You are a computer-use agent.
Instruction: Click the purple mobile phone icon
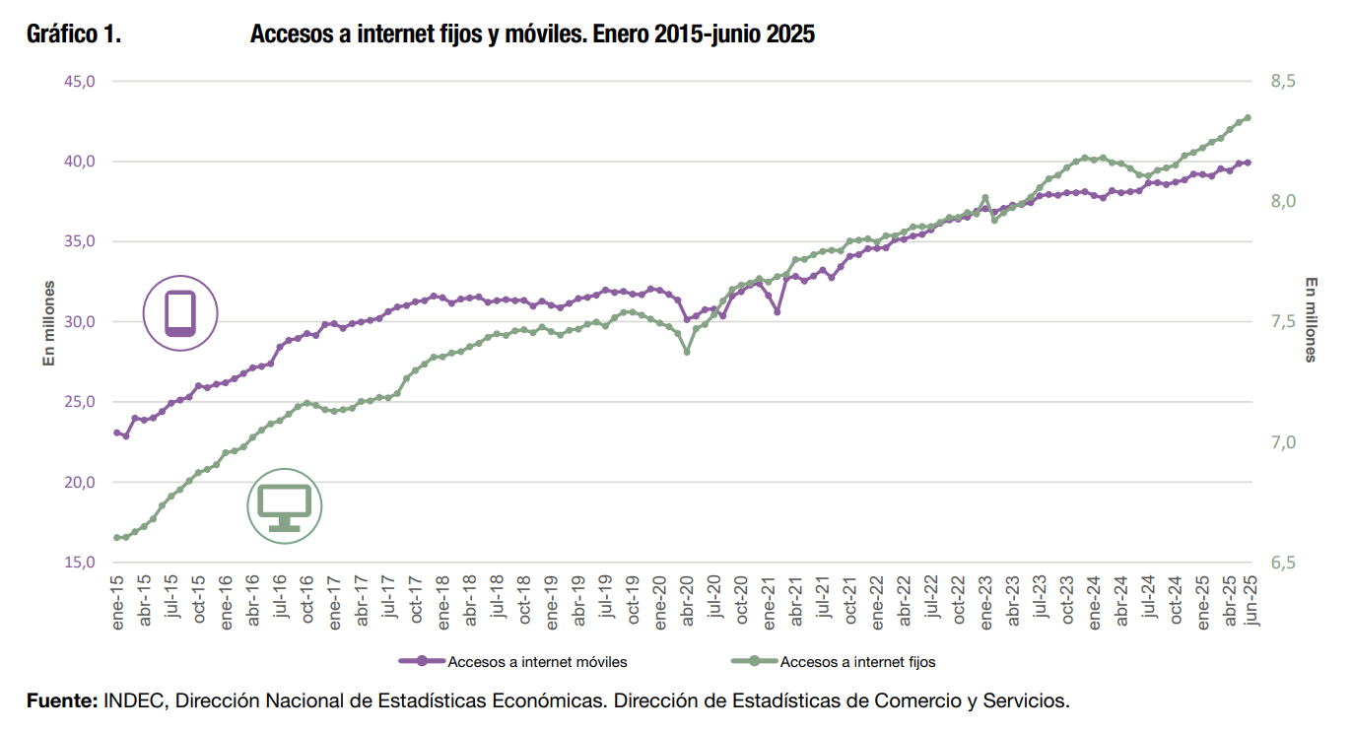[x=180, y=313]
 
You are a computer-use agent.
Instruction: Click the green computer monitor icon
[x=284, y=505]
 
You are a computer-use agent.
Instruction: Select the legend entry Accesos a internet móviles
[x=537, y=662]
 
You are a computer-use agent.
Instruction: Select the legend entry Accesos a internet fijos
[x=857, y=662]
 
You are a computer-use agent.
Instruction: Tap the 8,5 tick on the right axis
[x=1284, y=81]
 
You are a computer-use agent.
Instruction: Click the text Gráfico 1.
[x=74, y=34]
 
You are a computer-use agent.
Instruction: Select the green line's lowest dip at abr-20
[x=687, y=352]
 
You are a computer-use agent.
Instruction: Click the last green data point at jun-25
[x=1248, y=117]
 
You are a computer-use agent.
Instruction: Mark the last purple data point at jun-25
[x=1248, y=163]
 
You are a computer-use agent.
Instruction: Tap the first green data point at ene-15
[x=117, y=538]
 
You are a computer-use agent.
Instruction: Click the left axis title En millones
[x=47, y=323]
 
